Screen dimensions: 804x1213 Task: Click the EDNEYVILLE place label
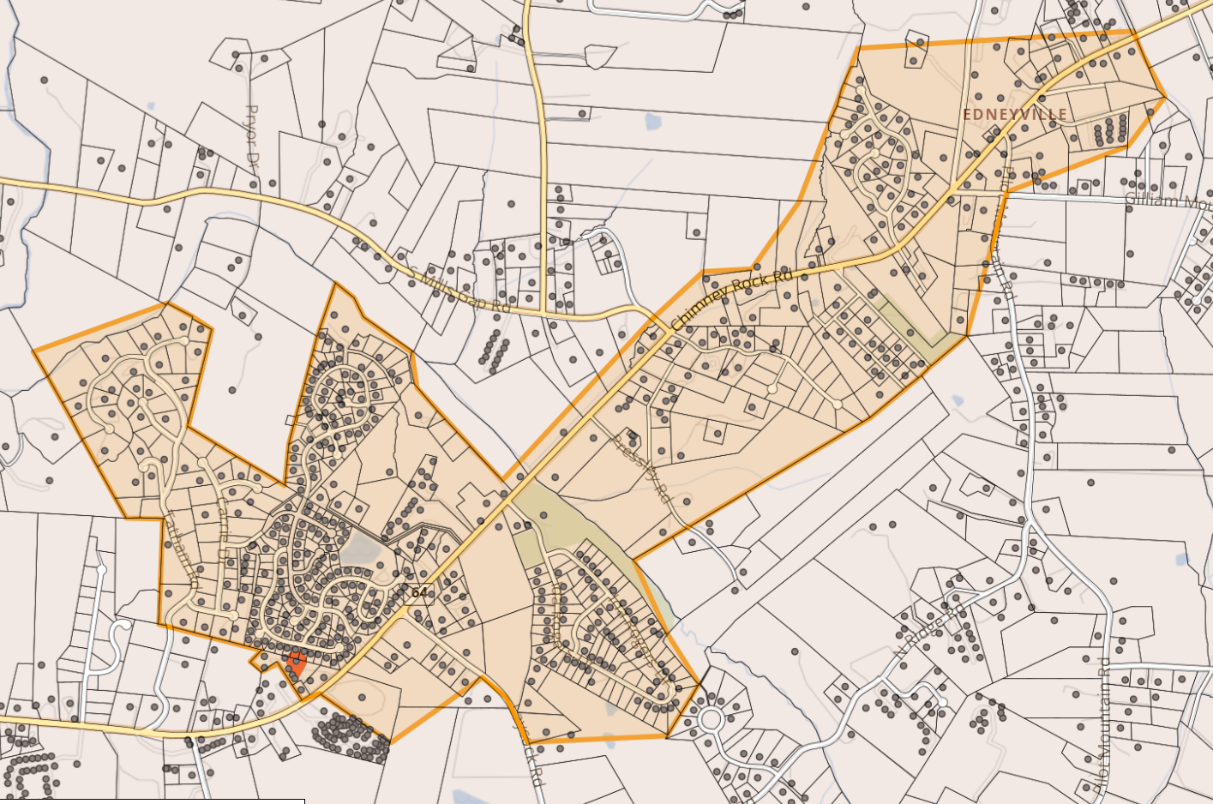[1015, 114]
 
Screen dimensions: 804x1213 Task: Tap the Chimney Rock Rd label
[731, 300]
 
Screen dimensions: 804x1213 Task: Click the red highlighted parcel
[297, 663]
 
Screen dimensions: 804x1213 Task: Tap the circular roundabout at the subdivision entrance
[711, 718]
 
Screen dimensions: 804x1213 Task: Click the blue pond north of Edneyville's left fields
[653, 121]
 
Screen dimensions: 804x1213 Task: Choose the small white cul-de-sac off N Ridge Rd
[941, 702]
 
